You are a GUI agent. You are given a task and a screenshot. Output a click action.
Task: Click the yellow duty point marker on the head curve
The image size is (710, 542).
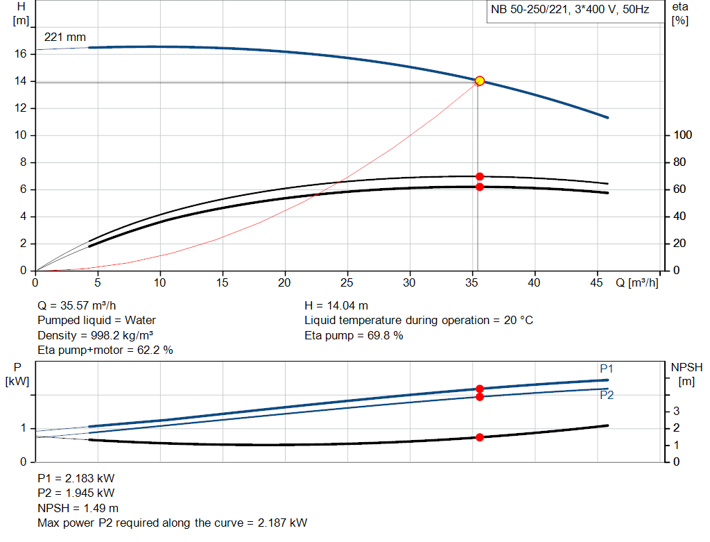click(x=479, y=81)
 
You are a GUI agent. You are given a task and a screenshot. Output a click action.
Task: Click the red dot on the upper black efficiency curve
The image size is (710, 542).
click(x=479, y=176)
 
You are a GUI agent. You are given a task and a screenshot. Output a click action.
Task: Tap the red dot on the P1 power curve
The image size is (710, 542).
click(x=479, y=389)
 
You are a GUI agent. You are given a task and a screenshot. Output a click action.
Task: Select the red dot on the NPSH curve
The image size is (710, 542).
click(x=479, y=437)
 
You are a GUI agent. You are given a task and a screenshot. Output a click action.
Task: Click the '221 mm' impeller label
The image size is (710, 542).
click(x=65, y=37)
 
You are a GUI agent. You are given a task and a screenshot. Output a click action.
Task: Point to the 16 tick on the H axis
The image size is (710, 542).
click(x=21, y=53)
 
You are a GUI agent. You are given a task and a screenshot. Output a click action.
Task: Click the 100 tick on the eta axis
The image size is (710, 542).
click(x=682, y=135)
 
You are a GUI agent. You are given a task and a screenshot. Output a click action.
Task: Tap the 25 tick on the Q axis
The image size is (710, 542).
click(x=347, y=282)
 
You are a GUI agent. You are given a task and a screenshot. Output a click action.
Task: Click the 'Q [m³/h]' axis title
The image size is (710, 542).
click(x=637, y=282)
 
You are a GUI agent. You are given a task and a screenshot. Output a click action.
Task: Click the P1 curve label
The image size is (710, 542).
click(x=607, y=369)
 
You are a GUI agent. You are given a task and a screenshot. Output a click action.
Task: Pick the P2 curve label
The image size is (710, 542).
click(x=607, y=396)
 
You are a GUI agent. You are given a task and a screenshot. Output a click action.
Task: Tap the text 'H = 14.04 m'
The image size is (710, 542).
click(x=336, y=305)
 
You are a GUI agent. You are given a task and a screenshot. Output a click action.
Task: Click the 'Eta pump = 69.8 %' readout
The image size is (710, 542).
click(x=354, y=336)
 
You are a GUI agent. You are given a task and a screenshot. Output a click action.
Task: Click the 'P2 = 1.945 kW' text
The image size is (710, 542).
click(x=76, y=493)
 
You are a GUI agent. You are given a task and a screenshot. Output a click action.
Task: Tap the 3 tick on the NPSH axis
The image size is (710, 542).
click(x=676, y=412)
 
